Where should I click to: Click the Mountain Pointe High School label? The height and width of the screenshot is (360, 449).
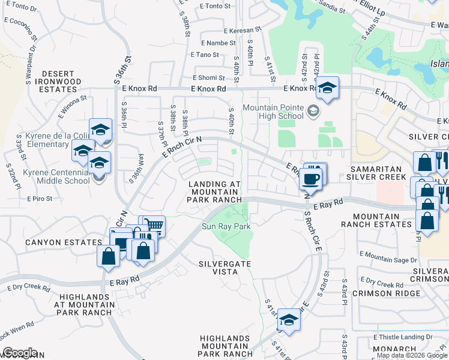coord(273,112)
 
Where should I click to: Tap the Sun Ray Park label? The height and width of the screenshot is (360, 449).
coord(225,226)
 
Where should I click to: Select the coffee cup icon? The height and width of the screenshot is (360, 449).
coord(311,179)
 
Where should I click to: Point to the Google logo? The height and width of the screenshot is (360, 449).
coord(20,353)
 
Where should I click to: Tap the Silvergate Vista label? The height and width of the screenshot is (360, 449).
coord(225,268)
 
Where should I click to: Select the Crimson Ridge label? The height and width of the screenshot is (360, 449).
coord(378,293)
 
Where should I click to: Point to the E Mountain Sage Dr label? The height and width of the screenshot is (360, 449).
coord(388,260)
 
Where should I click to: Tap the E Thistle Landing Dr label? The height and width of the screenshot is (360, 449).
coord(402,337)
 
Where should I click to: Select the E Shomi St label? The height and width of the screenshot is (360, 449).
coord(212,77)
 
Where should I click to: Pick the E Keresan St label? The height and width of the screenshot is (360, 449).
coord(243,29)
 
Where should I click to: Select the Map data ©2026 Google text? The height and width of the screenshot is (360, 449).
coord(412,355)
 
